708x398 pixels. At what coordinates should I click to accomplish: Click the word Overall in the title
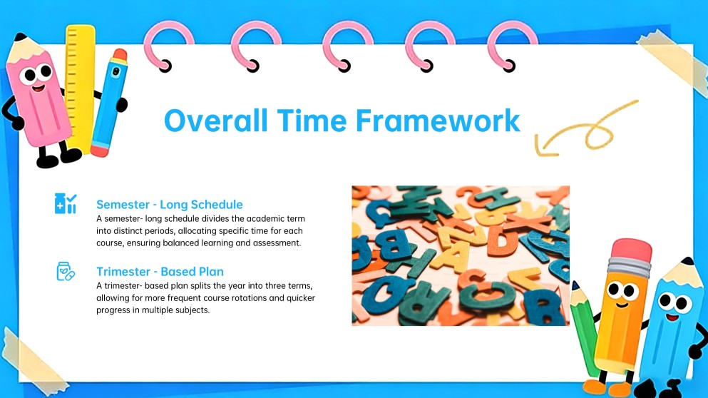216,121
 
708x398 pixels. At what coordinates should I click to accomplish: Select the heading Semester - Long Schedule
169,205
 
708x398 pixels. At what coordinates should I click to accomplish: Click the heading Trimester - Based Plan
160,272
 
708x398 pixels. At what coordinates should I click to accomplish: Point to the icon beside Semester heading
66,203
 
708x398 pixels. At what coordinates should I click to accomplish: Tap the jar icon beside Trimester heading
66,271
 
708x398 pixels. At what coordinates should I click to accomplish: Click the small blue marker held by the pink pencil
110,103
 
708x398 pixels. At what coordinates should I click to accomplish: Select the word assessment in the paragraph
277,243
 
